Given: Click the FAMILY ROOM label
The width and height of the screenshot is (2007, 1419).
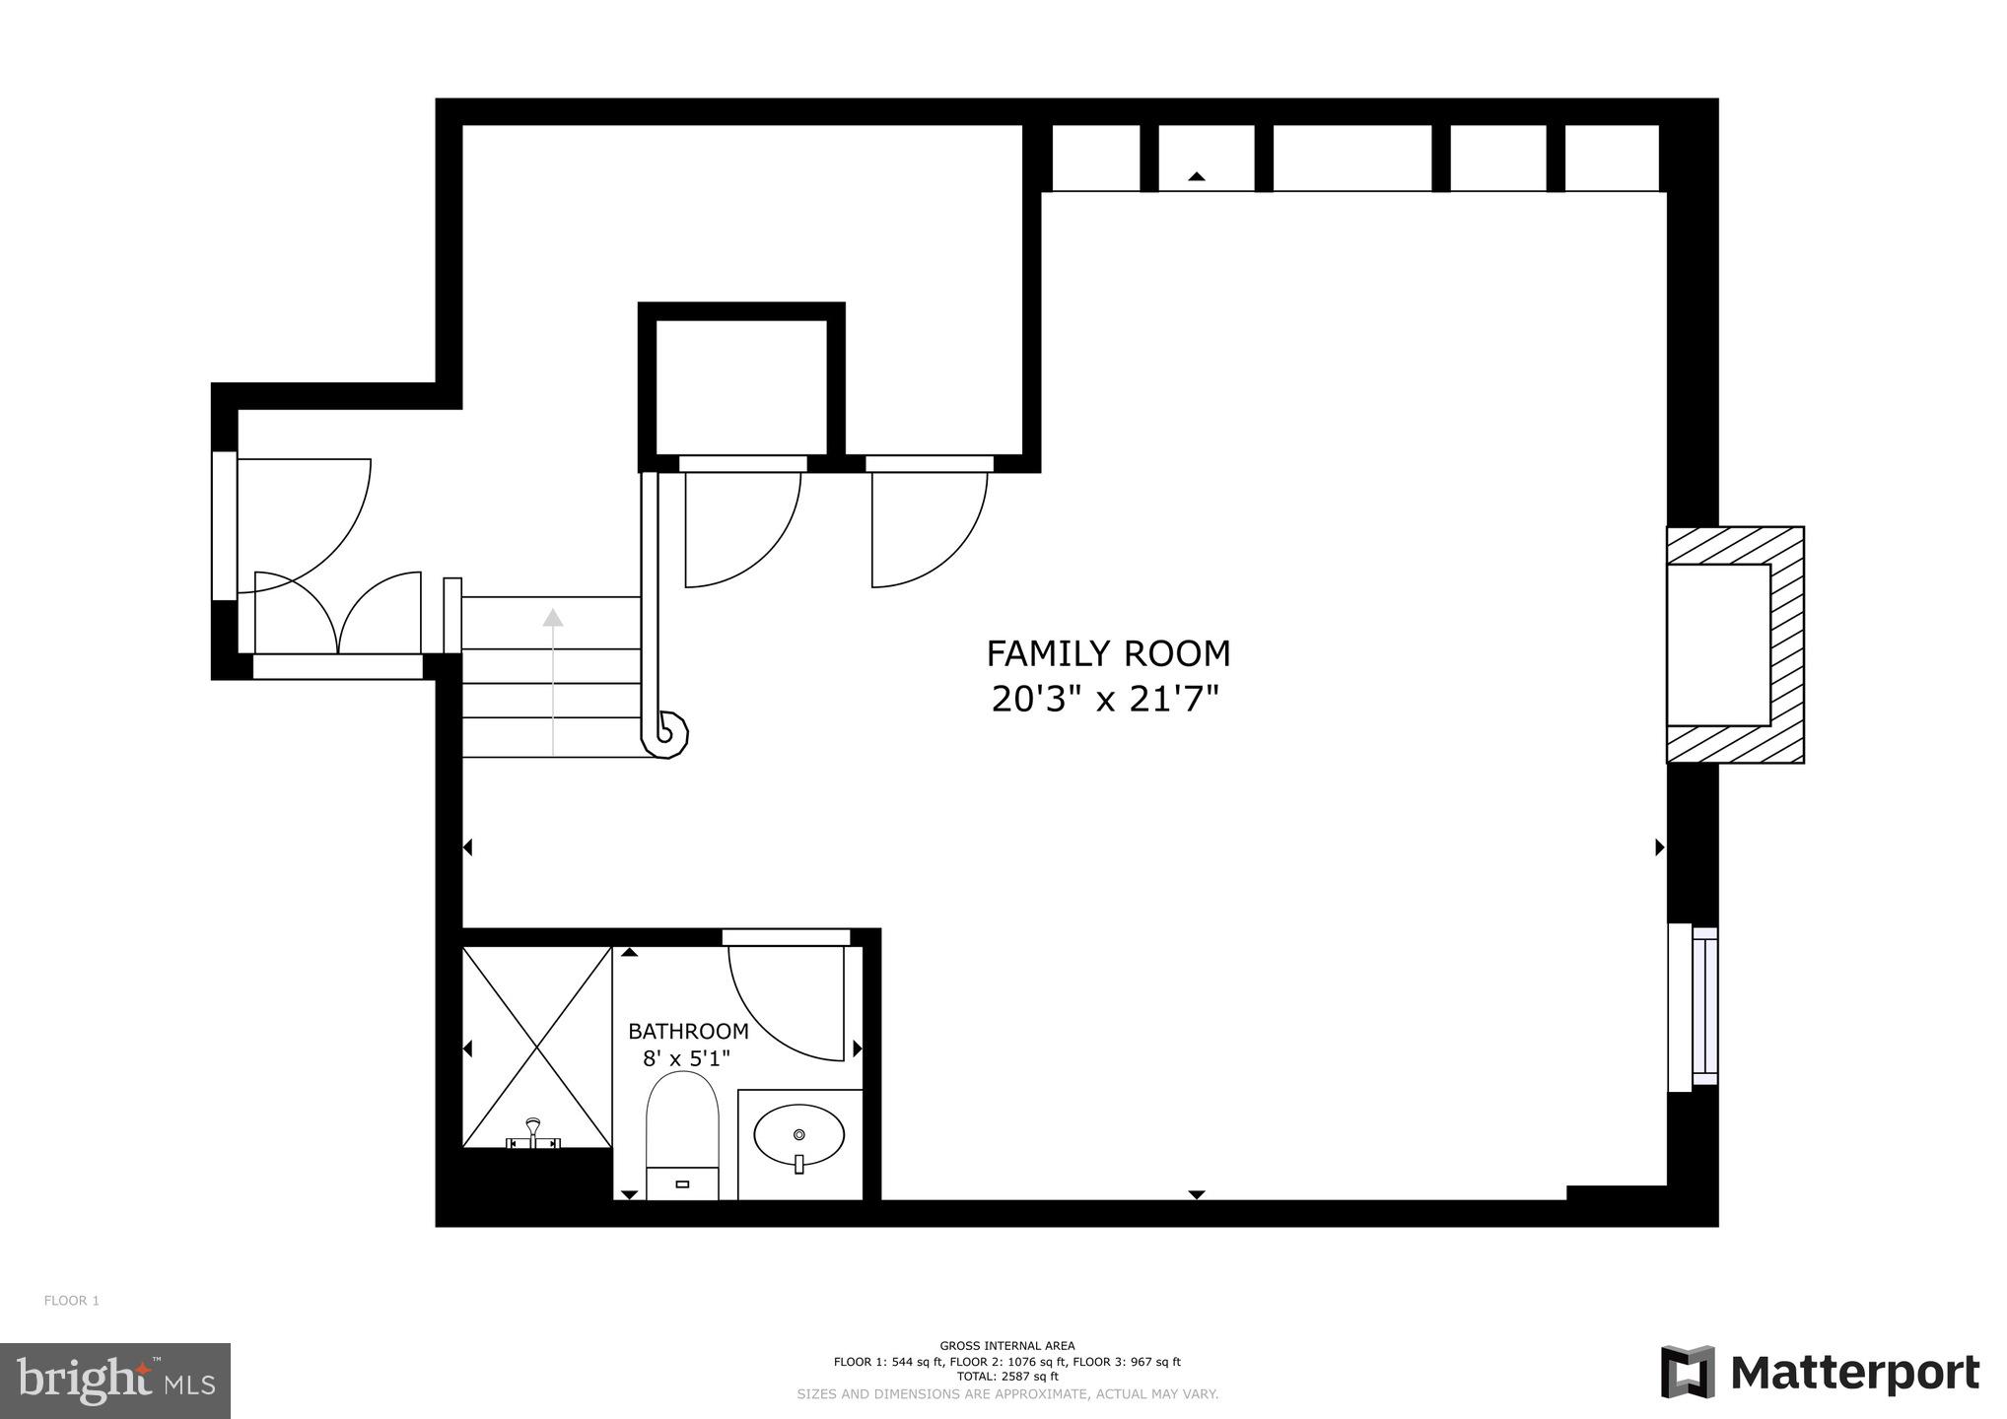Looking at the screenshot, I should (x=1108, y=654).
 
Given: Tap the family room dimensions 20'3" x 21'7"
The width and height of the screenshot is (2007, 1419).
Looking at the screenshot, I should (x=1105, y=700).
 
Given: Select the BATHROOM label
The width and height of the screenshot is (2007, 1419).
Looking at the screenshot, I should (x=688, y=1032).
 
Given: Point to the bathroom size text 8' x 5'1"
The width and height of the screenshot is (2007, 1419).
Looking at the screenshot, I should (x=686, y=1059).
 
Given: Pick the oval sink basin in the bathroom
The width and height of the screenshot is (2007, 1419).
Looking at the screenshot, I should (x=798, y=1136).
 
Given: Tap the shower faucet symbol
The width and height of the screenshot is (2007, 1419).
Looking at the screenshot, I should (x=533, y=1133).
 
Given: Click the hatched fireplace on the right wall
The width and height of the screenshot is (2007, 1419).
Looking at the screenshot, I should (x=1735, y=644).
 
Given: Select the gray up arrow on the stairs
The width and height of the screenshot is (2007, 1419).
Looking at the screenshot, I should (x=553, y=619).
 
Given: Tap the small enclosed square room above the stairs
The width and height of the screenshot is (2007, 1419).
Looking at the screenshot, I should (x=741, y=387).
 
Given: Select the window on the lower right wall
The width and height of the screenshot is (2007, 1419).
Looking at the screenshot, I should (x=1693, y=1006).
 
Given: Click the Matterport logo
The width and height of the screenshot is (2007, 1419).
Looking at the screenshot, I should (x=1820, y=1372).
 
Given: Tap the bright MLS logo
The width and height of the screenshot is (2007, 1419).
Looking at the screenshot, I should (x=115, y=1382).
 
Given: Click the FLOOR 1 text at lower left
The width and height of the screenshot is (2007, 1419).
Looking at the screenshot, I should (x=72, y=1301).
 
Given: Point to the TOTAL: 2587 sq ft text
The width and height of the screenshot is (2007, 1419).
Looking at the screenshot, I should (x=1006, y=1377).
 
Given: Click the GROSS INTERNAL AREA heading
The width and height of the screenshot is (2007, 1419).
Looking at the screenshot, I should (x=1006, y=1346).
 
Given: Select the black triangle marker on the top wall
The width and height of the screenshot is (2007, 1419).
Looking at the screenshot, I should (x=1197, y=176).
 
